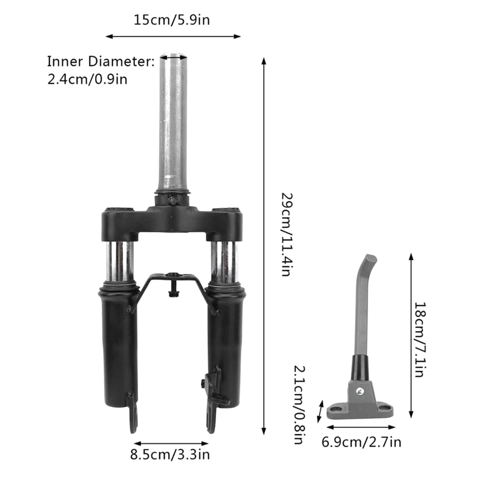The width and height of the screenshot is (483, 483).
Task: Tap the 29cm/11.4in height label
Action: click(x=286, y=235)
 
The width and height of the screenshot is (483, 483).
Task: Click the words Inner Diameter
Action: click(x=100, y=62)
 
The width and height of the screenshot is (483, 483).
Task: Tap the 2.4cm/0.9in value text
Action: click(x=87, y=79)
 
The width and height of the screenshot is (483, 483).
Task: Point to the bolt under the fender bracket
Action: click(x=171, y=292)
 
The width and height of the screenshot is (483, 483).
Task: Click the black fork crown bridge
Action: click(x=171, y=220)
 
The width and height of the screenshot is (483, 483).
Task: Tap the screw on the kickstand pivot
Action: click(x=359, y=389)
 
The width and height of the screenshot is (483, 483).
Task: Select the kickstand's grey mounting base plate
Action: click(x=359, y=410)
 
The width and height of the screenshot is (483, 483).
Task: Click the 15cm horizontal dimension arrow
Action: click(x=173, y=36)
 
